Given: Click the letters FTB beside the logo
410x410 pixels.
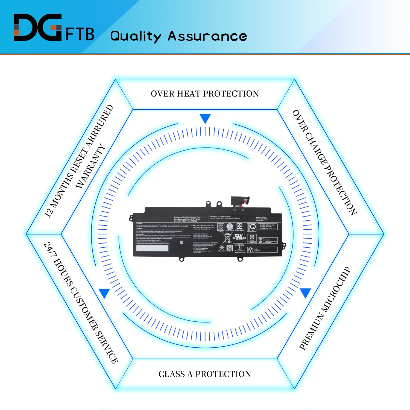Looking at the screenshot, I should click(x=80, y=34).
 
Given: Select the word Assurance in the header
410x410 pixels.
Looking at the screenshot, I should click(x=207, y=36).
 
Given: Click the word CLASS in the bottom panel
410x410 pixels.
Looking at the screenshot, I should click(x=171, y=374).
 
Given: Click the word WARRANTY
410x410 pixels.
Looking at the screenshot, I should click(x=90, y=166).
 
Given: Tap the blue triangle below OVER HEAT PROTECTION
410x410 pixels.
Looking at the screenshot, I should click(x=205, y=118).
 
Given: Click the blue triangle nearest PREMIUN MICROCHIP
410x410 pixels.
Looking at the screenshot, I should click(x=305, y=292).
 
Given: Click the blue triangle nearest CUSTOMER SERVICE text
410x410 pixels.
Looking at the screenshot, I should click(x=104, y=293).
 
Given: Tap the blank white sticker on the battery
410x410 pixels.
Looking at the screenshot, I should click(x=152, y=248).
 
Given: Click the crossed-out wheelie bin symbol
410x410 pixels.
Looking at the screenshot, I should click(x=227, y=238).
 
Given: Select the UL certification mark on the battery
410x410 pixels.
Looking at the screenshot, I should click(x=240, y=237).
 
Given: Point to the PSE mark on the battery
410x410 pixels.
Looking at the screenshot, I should click(x=250, y=250).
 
